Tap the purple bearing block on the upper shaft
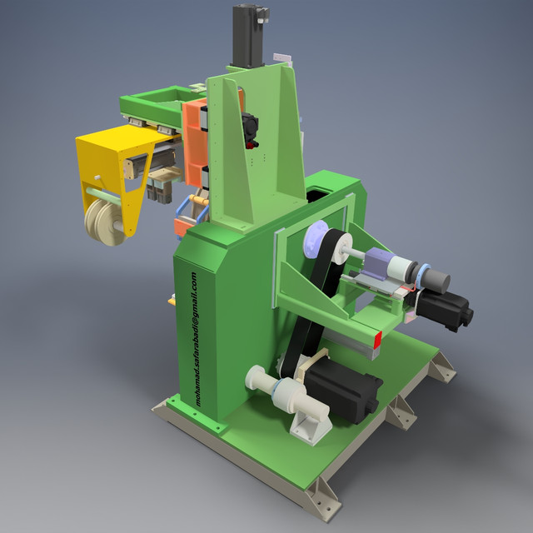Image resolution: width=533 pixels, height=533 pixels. [x=381, y=265]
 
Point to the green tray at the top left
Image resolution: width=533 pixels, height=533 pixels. [x=154, y=103]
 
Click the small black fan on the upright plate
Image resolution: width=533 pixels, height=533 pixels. [x=247, y=127]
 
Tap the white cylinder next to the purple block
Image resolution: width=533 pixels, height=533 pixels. [x=405, y=269]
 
